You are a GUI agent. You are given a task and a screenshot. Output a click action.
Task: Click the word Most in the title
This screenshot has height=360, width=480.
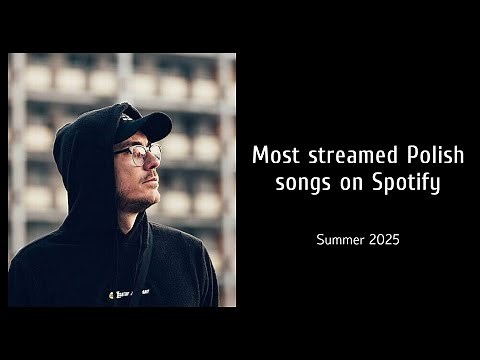(274, 157)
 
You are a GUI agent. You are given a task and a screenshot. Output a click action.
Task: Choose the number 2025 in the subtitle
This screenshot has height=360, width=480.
(385, 241)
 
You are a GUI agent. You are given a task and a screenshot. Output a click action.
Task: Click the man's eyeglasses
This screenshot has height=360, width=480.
(139, 154)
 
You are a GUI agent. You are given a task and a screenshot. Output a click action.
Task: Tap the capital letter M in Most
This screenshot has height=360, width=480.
(260, 157)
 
